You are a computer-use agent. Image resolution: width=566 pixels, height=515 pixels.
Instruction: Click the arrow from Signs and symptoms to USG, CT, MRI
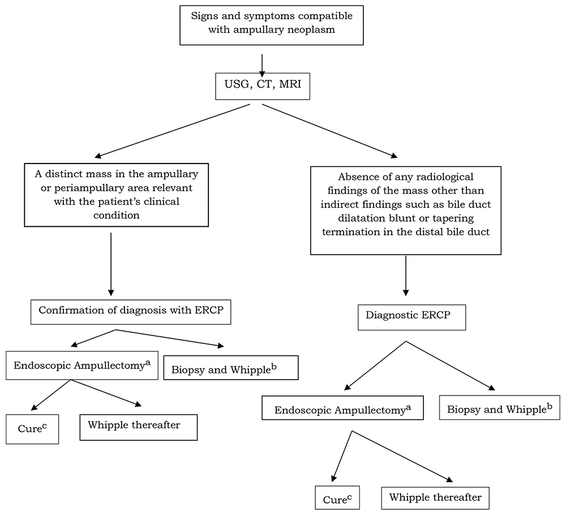(x=262, y=65)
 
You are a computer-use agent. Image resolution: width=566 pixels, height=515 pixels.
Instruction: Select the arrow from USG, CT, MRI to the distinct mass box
(x=173, y=131)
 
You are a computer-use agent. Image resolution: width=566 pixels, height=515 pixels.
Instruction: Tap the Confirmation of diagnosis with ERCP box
(x=131, y=311)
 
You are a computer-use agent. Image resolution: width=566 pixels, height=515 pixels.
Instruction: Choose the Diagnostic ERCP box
(x=411, y=317)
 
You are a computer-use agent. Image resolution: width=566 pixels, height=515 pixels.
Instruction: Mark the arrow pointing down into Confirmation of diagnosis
(x=111, y=263)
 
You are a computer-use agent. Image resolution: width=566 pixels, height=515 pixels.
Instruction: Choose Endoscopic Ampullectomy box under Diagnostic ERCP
(x=342, y=409)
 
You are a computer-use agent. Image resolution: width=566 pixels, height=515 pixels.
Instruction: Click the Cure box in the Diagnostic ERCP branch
(x=337, y=499)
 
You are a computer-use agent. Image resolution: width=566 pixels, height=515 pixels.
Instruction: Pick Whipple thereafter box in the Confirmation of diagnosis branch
(x=138, y=427)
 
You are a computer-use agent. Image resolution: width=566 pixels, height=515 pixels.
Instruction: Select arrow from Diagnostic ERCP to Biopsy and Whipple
(x=450, y=366)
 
